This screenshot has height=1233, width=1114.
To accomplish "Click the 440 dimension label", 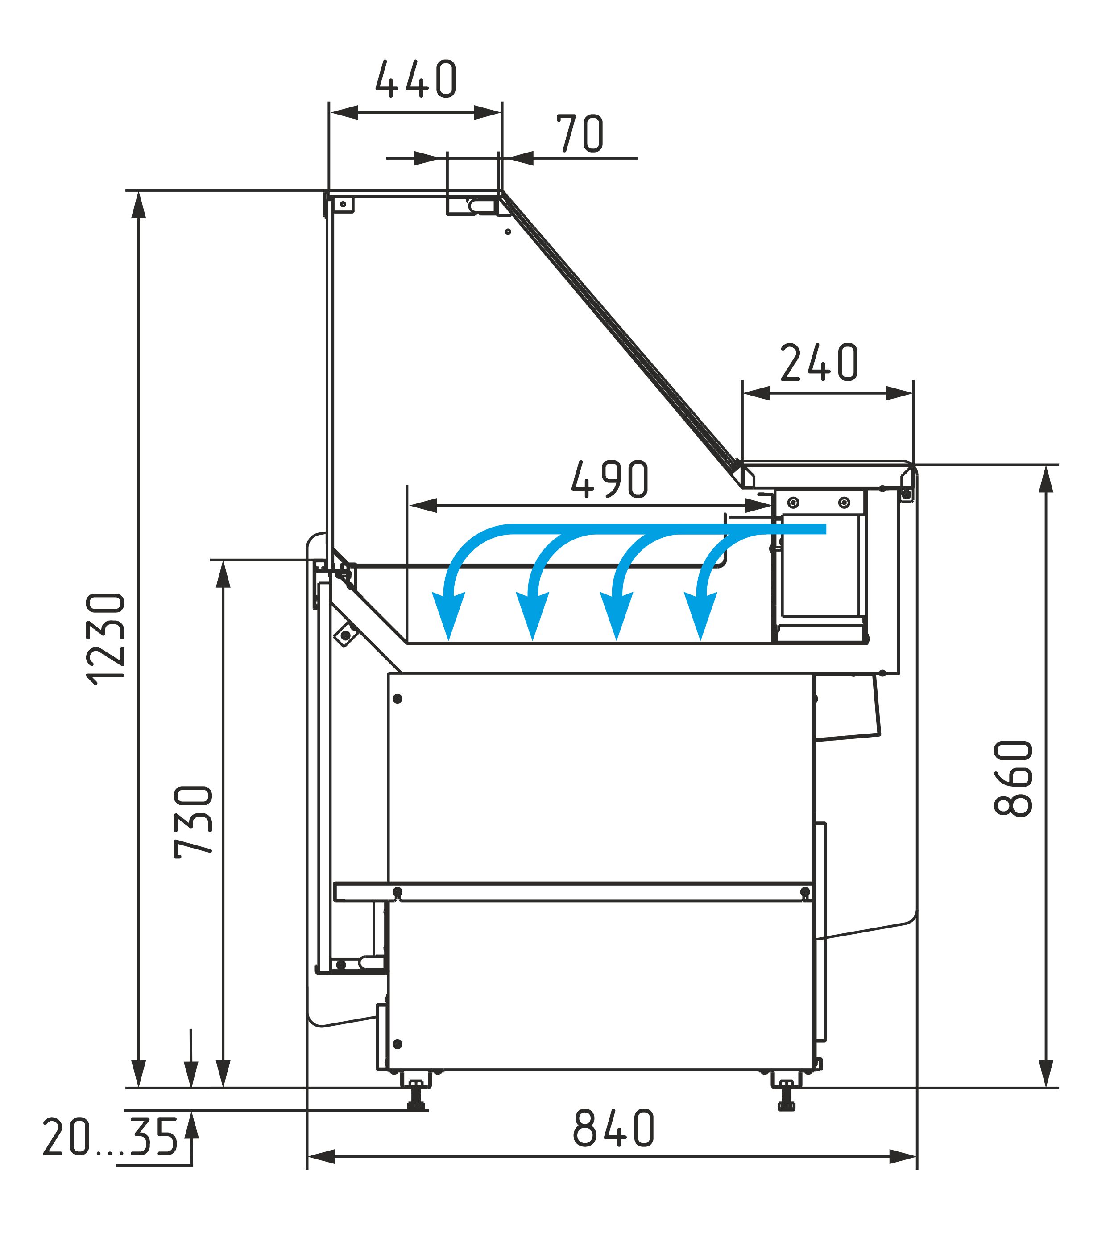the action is (416, 79).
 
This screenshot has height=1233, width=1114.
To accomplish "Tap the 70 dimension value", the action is (580, 133).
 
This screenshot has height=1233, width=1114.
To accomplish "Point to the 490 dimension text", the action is (609, 479).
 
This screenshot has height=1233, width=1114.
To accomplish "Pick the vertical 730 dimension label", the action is (193, 821).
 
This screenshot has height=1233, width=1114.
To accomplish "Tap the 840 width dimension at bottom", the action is (613, 1128).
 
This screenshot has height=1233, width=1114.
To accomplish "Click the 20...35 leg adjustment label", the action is (111, 1137).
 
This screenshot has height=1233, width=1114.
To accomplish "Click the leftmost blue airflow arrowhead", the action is (448, 616).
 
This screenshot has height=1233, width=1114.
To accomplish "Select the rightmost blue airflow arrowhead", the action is (700, 616).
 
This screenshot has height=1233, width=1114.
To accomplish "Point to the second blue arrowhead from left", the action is (532, 616).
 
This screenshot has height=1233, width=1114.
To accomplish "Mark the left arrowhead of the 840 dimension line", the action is (321, 1157).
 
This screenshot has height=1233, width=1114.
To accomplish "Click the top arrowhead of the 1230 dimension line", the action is (140, 205).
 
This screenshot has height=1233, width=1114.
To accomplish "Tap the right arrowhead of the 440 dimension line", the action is (488, 112).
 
